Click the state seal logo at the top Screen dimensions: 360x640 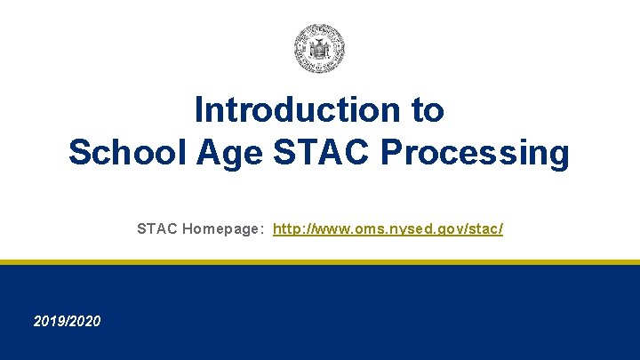(319, 48)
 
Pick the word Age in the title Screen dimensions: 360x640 (230, 152)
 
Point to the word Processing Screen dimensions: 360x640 (476, 152)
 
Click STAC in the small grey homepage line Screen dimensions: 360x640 (157, 229)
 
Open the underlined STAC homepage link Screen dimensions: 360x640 (388, 229)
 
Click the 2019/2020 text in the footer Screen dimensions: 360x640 (67, 320)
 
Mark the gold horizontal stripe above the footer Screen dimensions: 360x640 (320, 262)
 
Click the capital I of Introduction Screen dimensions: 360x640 (199, 110)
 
